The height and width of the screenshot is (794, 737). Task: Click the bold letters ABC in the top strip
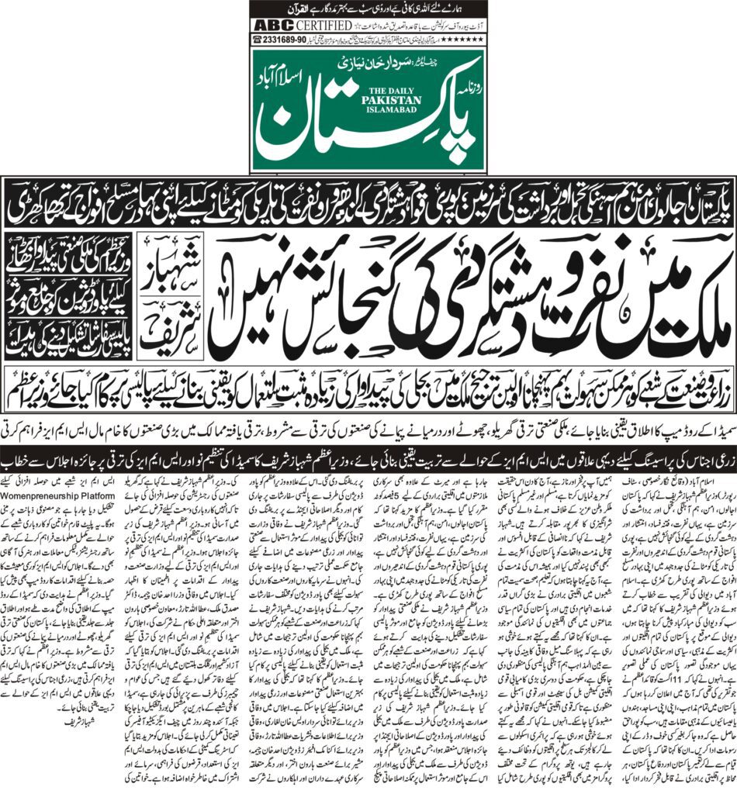click(x=271, y=24)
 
